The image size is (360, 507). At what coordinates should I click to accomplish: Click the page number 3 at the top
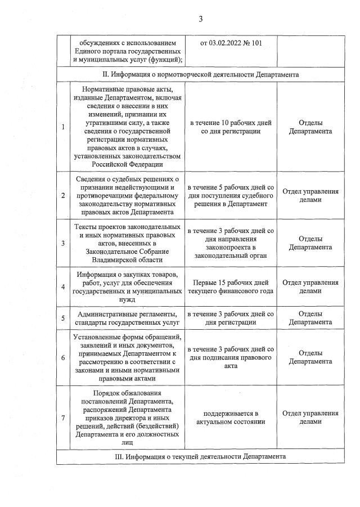[x=200, y=19]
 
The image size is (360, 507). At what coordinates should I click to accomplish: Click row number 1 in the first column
[x=62, y=127]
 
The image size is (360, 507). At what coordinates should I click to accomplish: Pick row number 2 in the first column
[x=62, y=195]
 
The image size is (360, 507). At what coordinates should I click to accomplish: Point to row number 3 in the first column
[x=62, y=243]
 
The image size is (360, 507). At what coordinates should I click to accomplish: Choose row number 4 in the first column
[x=62, y=287]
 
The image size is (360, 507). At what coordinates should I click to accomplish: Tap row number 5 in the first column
[x=62, y=318]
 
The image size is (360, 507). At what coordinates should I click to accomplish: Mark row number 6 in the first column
[x=62, y=357]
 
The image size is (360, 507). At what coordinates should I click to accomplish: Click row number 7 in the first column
[x=62, y=417]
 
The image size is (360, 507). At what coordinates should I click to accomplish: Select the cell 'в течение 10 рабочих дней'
[x=231, y=123]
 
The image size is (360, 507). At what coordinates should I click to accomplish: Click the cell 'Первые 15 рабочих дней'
[x=231, y=282]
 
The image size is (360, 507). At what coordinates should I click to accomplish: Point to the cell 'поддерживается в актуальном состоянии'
[x=231, y=417]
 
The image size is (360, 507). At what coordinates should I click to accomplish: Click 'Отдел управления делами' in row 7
[x=310, y=417]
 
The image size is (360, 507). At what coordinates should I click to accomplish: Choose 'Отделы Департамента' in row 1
[x=310, y=127]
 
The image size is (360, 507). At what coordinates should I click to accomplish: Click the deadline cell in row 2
[x=231, y=195]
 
